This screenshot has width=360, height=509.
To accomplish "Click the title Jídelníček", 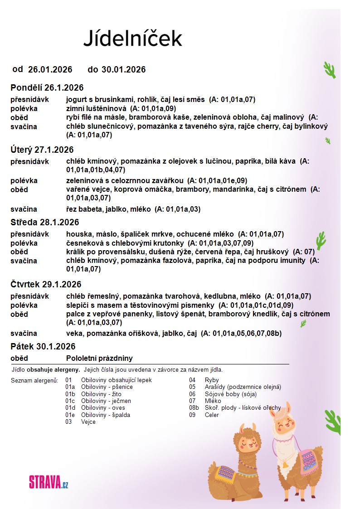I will [132, 38].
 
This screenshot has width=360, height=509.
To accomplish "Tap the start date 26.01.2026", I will [50, 69].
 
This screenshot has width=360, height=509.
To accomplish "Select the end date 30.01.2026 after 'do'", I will [123, 69].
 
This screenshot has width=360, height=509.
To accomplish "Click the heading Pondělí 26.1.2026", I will [47, 87].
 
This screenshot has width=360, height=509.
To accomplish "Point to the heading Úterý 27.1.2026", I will [42, 150].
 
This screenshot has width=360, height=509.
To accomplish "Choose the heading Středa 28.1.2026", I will [45, 222].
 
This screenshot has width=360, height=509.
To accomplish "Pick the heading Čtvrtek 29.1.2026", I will [46, 284].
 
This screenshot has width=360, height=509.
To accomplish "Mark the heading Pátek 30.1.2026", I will [43, 346].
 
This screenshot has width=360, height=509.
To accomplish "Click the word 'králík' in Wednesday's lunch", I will [75, 252].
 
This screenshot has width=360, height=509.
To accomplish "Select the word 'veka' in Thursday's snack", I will [74, 334].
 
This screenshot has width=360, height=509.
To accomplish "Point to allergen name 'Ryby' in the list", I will [212, 380].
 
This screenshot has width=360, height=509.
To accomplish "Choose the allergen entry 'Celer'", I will [212, 415].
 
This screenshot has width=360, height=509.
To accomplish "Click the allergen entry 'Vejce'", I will [88, 422].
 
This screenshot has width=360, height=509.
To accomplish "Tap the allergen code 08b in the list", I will [194, 408].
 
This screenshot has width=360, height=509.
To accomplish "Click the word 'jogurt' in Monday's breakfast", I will [76, 99].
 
